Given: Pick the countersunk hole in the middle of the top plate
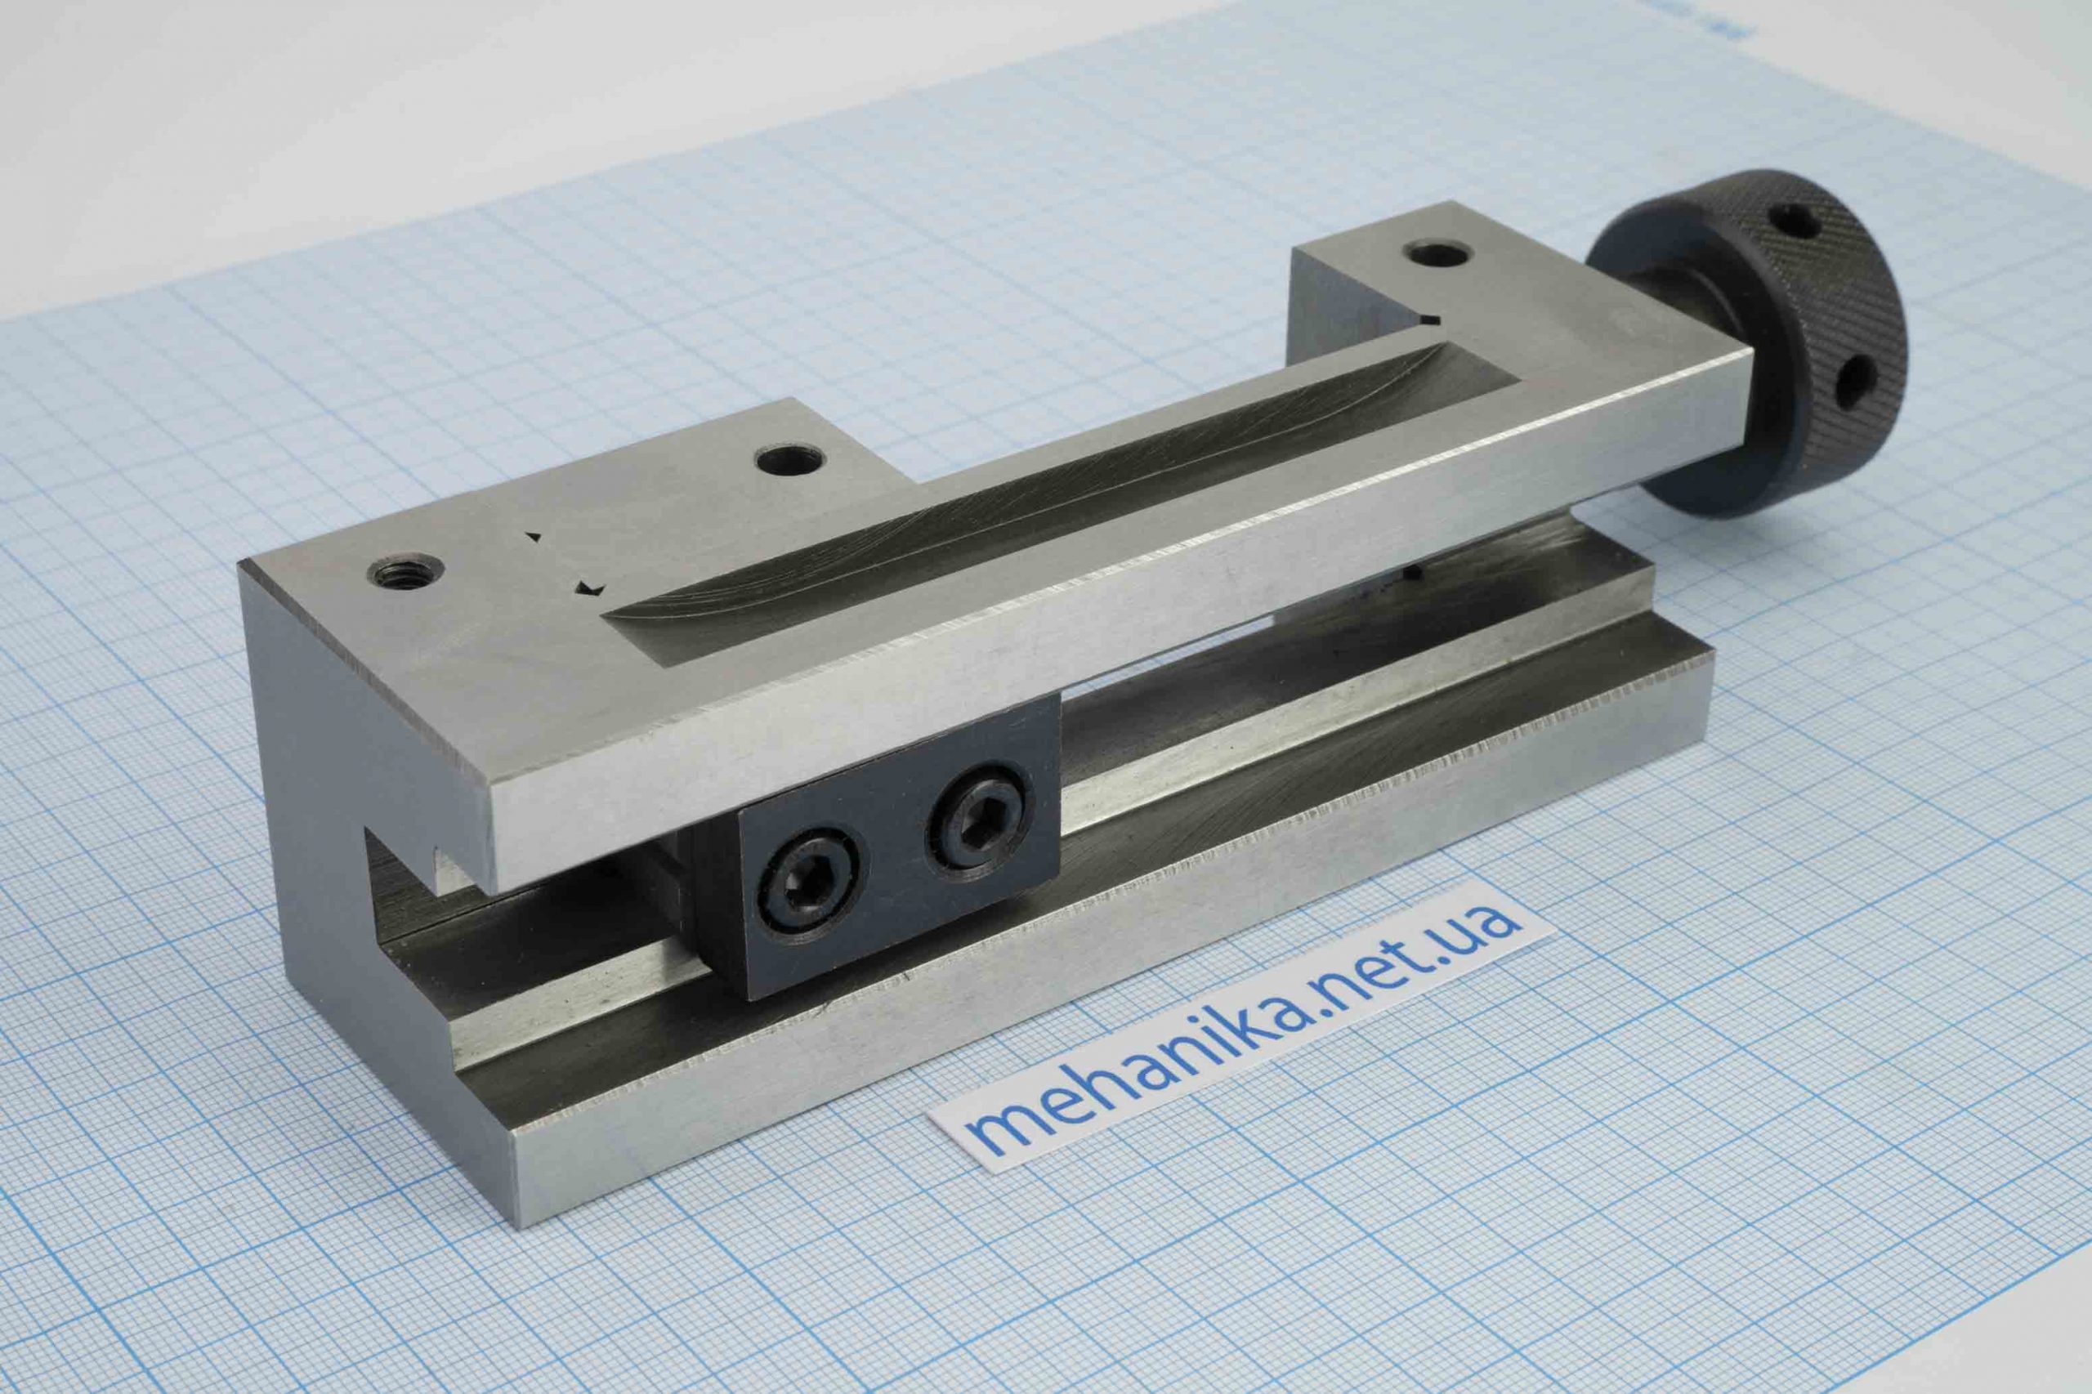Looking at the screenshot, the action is (790, 460).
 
